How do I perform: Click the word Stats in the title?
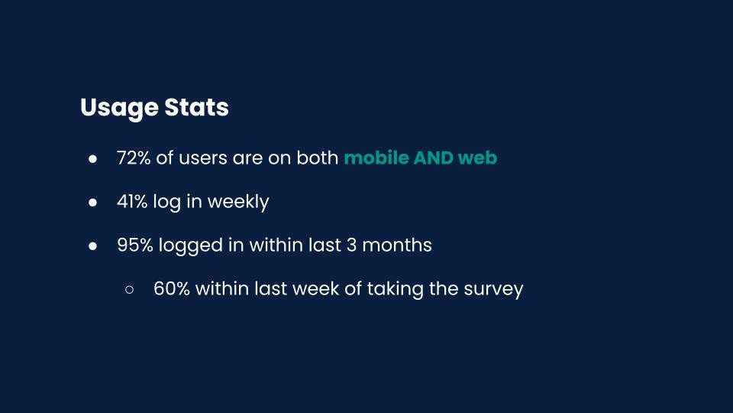[x=196, y=107]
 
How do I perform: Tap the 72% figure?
[x=133, y=158]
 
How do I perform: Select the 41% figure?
[x=132, y=202]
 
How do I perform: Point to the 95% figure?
[x=134, y=246]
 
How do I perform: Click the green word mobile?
[x=376, y=158]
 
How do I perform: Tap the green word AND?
[x=433, y=158]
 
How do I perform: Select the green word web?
[x=478, y=158]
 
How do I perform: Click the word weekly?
[x=238, y=203]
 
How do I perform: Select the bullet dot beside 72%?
[x=92, y=159]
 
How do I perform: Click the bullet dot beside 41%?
[x=92, y=203]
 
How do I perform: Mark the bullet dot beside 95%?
[x=92, y=246]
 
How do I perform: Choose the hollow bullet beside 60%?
[x=129, y=290]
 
